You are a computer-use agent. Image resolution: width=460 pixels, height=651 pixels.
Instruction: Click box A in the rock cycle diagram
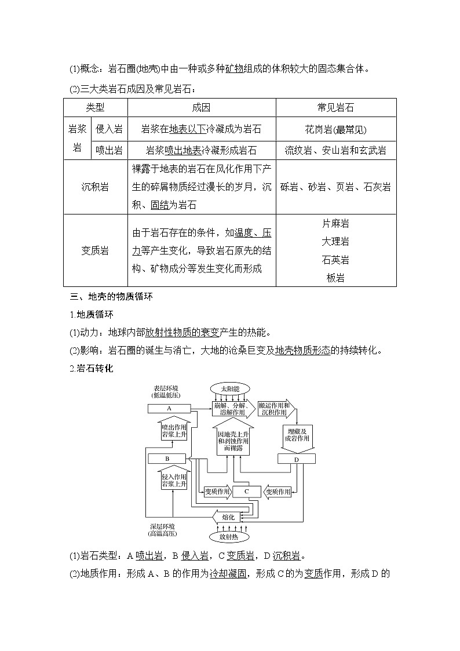(x=170, y=409)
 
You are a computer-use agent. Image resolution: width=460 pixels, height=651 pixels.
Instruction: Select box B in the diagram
(x=167, y=459)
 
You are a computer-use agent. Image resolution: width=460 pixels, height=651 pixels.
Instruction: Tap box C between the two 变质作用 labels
(x=246, y=492)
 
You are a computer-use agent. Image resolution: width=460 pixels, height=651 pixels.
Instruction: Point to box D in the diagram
(x=297, y=459)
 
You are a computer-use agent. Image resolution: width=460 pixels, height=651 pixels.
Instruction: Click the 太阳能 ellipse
(x=229, y=388)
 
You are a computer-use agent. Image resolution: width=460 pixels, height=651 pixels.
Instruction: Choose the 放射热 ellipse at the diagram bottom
(x=229, y=536)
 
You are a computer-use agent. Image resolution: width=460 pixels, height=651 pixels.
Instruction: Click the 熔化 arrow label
(x=227, y=516)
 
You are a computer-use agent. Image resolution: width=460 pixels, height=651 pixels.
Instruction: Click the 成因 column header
(x=201, y=108)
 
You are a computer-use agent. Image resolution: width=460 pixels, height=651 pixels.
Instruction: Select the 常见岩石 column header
(x=335, y=108)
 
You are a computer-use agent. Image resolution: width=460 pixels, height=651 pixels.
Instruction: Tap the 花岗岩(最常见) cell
(x=335, y=129)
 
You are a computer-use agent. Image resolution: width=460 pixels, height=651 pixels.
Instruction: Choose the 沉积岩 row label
(x=95, y=187)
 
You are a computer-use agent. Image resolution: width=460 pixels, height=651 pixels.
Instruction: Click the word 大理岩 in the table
(x=335, y=241)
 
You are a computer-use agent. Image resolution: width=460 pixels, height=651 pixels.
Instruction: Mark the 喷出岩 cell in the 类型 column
(x=109, y=151)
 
